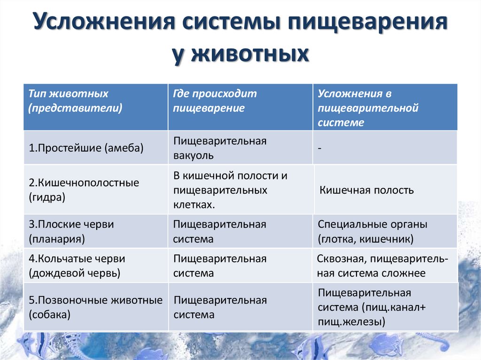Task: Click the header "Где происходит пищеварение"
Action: point(215,101)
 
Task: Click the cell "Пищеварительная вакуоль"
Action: point(220,148)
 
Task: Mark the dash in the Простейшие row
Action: point(319,148)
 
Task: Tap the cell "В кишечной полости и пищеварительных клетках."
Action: point(230,190)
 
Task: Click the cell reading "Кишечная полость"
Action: point(366,190)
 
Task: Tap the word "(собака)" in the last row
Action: point(49,314)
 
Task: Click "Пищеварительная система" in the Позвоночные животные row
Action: point(220,307)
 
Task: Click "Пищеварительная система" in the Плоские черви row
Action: point(220,231)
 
